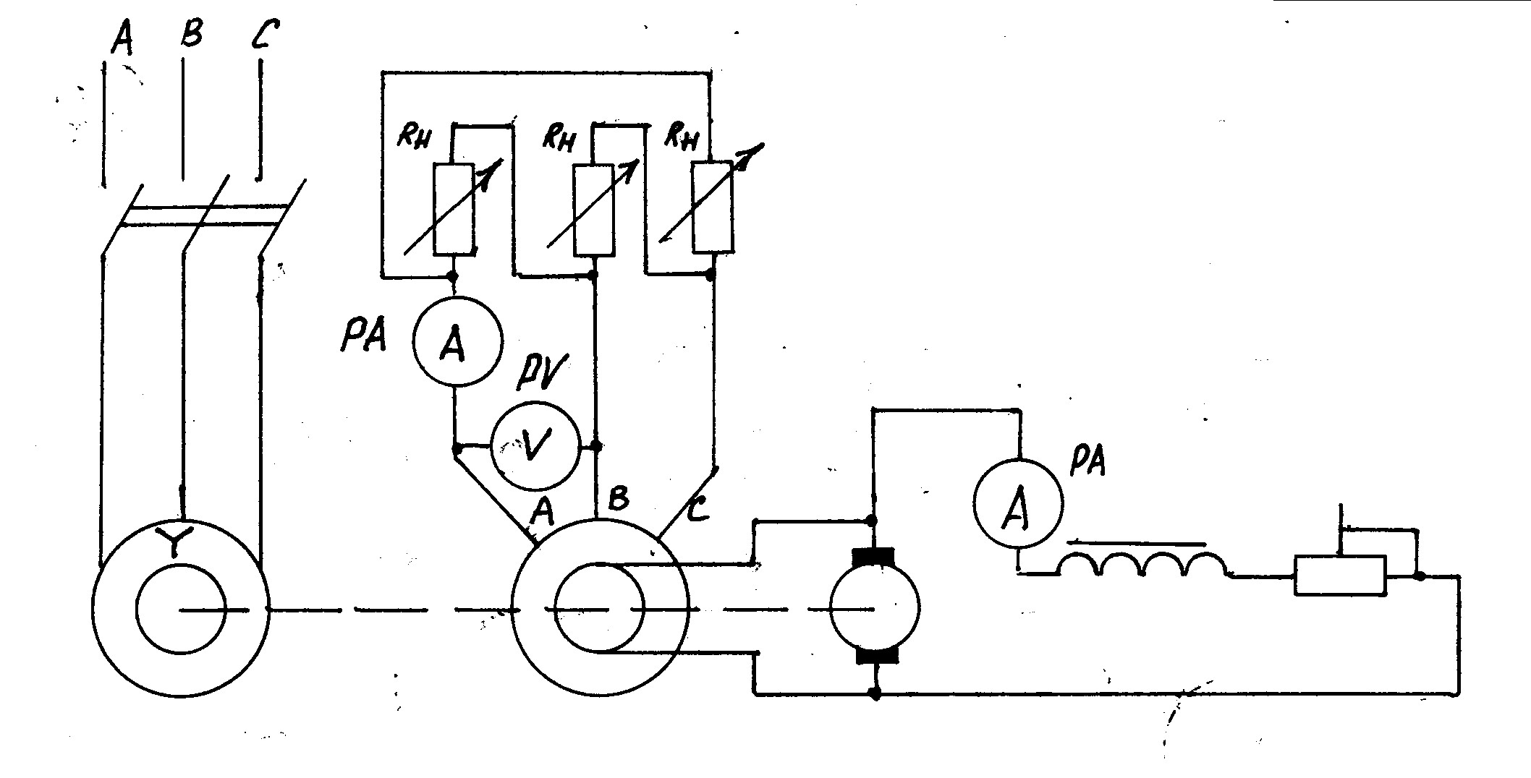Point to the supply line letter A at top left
(x=122, y=40)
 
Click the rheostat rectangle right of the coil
(x=1340, y=576)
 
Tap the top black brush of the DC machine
(x=874, y=559)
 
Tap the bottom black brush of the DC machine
(x=877, y=654)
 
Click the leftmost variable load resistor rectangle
(x=454, y=209)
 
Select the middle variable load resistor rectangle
(x=594, y=210)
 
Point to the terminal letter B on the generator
(x=619, y=498)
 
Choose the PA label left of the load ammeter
(x=363, y=337)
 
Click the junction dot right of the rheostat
(x=1420, y=576)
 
